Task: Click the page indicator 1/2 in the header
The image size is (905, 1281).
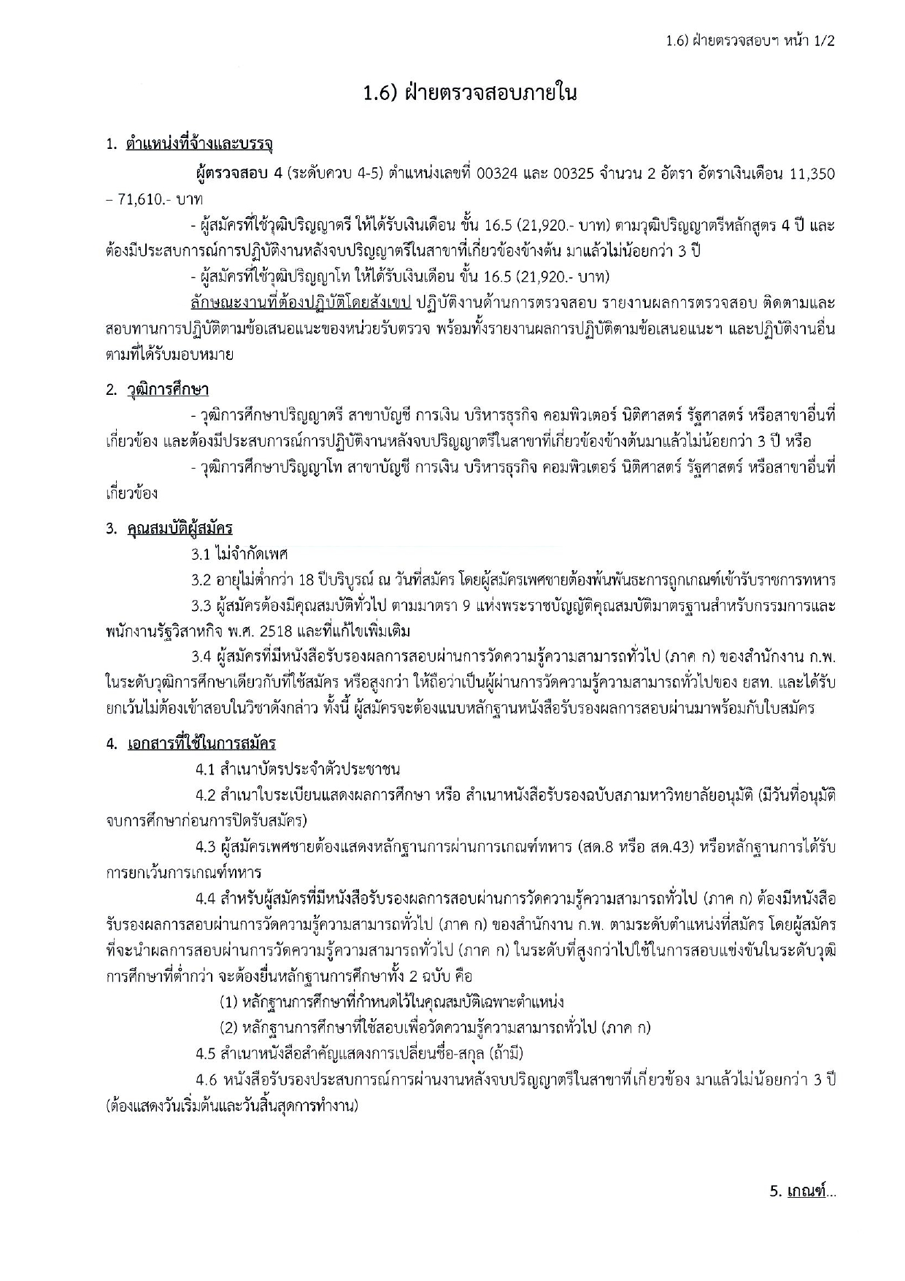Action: point(823,41)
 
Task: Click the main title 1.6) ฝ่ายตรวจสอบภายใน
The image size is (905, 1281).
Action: point(471,93)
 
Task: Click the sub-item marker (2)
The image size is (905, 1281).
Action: point(228,1028)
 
